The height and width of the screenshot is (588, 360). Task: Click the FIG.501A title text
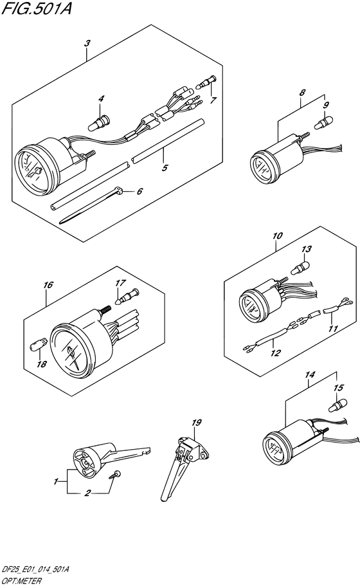[x=37, y=8]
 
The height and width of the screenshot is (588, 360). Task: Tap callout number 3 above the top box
[x=87, y=44]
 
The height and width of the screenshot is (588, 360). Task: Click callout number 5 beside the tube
[x=165, y=168]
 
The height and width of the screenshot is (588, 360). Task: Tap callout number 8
[x=303, y=92]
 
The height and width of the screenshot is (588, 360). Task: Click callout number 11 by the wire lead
[x=332, y=329]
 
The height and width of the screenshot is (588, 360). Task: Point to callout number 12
[x=275, y=353]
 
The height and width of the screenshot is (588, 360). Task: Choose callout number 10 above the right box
[x=278, y=236]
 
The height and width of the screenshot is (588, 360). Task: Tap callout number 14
[x=310, y=374]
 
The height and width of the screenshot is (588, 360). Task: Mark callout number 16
[x=48, y=285]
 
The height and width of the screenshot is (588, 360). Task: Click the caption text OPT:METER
[x=22, y=582]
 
